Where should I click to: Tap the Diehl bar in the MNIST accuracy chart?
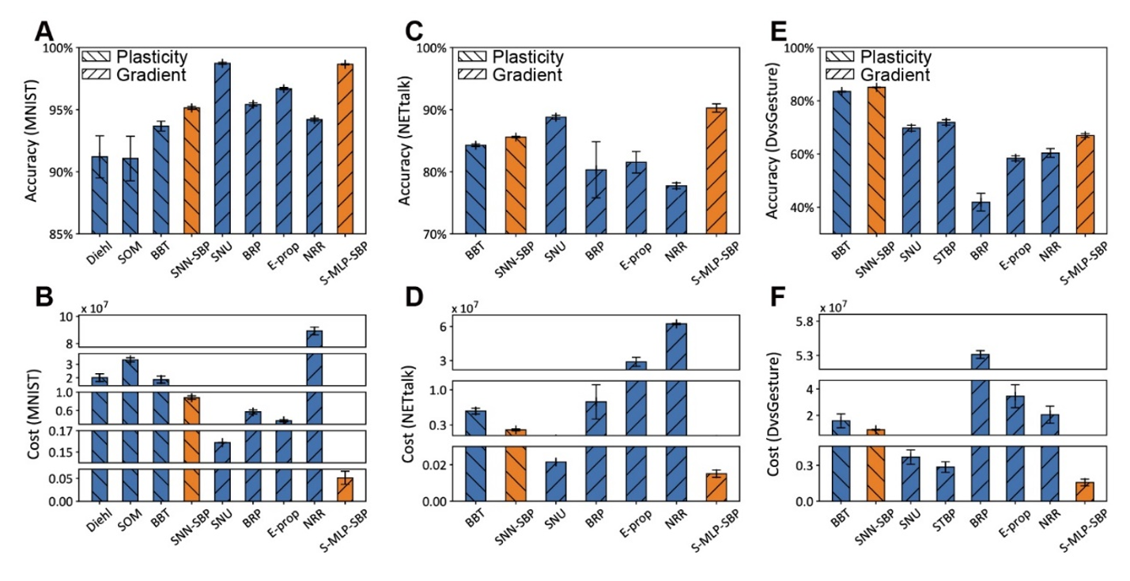[100, 194]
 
